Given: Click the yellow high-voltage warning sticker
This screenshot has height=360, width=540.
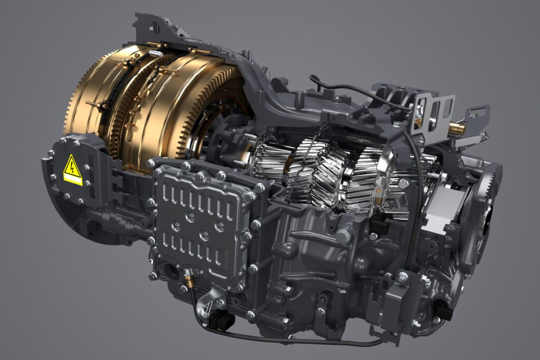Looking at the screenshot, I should click(73, 170).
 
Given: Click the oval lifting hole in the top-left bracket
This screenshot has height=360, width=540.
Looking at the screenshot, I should click(154, 27).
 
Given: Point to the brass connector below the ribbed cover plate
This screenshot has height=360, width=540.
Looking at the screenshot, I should click(187, 276).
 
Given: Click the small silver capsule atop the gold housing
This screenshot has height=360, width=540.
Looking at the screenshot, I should click(156, 53).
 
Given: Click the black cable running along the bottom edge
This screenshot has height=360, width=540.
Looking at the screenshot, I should click(295, 340).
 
